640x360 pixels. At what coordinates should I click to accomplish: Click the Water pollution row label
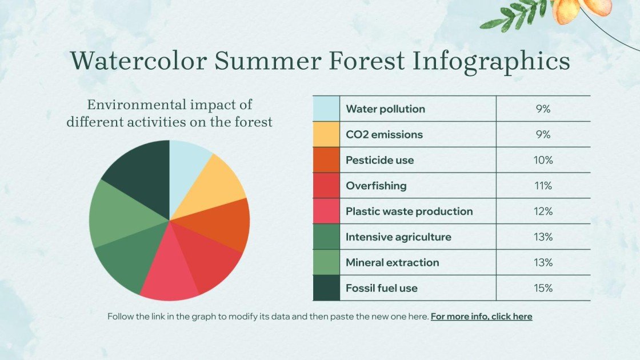click(385, 109)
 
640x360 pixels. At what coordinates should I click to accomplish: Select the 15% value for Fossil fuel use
click(543, 289)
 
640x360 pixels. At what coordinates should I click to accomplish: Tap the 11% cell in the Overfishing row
click(543, 186)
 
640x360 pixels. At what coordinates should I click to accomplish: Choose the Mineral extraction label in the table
click(392, 263)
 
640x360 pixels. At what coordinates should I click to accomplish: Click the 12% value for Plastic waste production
click(543, 211)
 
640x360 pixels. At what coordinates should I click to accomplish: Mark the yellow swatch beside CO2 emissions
click(326, 135)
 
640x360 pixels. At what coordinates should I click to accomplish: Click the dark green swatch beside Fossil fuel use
click(326, 288)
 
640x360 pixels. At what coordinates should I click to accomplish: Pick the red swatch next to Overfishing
click(326, 186)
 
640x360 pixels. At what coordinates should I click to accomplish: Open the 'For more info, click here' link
click(481, 317)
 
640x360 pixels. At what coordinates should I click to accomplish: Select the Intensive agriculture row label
click(398, 237)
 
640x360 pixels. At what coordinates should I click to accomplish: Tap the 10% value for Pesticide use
click(543, 161)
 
